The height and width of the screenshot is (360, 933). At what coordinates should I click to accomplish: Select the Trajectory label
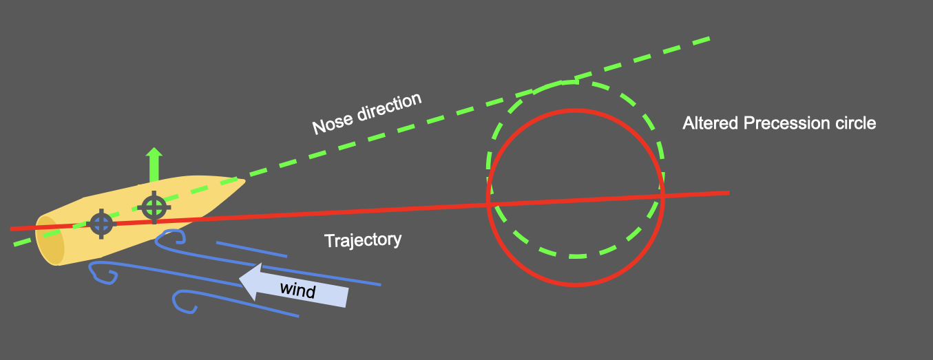point(362,240)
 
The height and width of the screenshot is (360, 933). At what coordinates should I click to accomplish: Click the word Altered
point(710,123)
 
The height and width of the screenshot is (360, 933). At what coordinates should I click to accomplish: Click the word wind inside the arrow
point(297,290)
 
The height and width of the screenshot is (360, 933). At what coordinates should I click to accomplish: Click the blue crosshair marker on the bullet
point(101,223)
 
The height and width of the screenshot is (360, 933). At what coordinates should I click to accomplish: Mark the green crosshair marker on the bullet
point(154,207)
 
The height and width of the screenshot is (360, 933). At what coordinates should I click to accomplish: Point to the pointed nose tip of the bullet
point(243,182)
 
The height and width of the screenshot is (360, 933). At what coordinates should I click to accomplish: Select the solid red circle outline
point(576,284)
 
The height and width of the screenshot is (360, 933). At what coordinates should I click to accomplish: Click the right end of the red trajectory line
point(727,193)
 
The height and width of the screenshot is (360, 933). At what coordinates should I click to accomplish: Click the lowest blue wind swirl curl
point(185,302)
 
